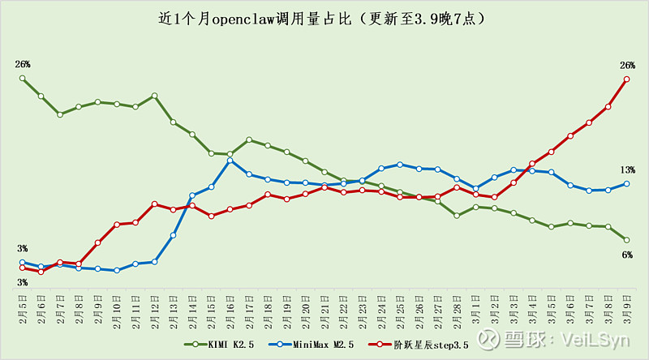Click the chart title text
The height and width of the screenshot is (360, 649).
(x=324, y=19)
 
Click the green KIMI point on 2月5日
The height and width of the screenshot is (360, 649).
(x=22, y=79)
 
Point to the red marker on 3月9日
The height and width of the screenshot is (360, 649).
(x=627, y=79)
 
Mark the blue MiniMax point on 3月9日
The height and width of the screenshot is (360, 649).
(x=627, y=183)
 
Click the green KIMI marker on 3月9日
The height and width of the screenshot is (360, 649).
(x=627, y=240)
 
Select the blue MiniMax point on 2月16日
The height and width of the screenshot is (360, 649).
(x=230, y=161)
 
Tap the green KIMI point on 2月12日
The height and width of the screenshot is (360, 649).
(x=154, y=96)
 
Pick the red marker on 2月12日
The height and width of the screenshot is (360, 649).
(x=154, y=204)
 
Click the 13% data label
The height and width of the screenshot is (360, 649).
(x=627, y=169)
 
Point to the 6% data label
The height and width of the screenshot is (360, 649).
(x=627, y=255)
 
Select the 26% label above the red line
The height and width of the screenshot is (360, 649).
(x=627, y=65)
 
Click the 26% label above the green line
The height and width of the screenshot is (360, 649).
(x=22, y=63)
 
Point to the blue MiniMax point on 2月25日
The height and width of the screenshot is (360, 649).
(x=400, y=165)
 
